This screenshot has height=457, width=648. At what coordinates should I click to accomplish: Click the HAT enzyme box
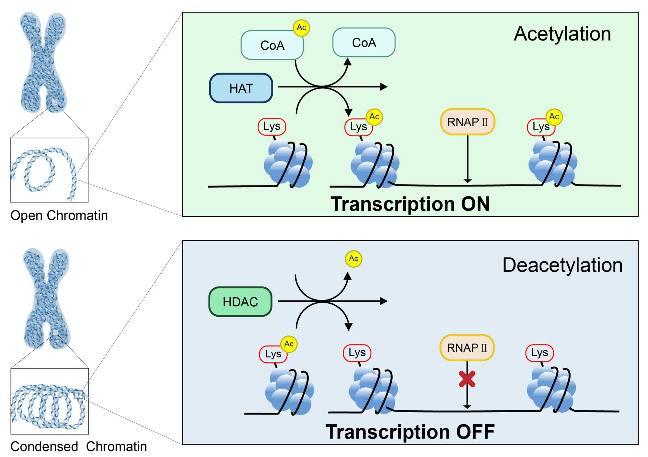pyautogui.click(x=241, y=88)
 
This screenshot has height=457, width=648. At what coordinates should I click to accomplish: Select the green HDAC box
pyautogui.click(x=240, y=302)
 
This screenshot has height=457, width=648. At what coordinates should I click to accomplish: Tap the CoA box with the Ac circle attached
pyautogui.click(x=272, y=45)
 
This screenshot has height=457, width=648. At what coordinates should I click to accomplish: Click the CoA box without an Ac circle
pyautogui.click(x=364, y=42)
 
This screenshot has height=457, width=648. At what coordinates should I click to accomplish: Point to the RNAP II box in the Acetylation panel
pyautogui.click(x=467, y=122)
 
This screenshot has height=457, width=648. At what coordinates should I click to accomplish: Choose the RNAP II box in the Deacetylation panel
pyautogui.click(x=467, y=348)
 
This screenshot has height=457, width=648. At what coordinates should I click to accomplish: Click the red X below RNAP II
pyautogui.click(x=467, y=379)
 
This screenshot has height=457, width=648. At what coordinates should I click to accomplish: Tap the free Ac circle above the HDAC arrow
pyautogui.click(x=353, y=259)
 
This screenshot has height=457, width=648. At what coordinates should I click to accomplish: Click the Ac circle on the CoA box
pyautogui.click(x=301, y=28)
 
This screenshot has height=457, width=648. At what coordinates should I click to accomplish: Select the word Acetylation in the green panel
pyautogui.click(x=562, y=34)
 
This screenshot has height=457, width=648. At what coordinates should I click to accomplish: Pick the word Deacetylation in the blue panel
pyautogui.click(x=562, y=265)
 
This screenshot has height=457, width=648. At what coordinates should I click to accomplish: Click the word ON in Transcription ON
pyautogui.click(x=475, y=204)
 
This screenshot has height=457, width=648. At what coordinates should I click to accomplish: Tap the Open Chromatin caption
pyautogui.click(x=59, y=216)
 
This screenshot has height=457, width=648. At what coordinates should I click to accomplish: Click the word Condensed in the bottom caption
pyautogui.click(x=44, y=447)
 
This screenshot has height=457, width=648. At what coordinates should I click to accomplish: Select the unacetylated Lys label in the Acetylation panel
pyautogui.click(x=272, y=126)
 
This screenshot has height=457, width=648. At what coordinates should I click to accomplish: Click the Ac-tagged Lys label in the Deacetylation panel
pyautogui.click(x=273, y=354)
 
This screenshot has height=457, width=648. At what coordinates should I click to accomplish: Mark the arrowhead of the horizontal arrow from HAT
pyautogui.click(x=384, y=87)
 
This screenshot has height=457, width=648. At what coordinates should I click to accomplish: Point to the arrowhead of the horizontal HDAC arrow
pyautogui.click(x=384, y=301)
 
